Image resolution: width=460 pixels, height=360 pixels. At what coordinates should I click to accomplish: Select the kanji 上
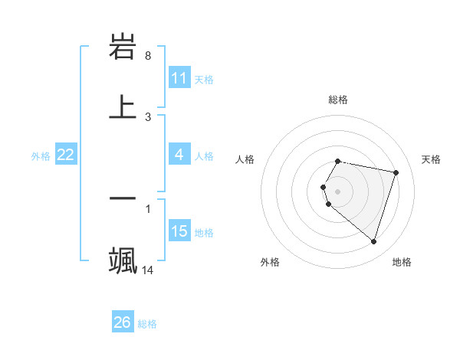(123, 106)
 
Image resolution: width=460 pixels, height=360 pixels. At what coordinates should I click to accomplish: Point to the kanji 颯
(123, 260)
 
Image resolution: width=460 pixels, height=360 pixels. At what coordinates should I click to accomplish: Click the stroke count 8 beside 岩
(148, 56)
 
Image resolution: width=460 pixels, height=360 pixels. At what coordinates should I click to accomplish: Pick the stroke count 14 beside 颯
(148, 270)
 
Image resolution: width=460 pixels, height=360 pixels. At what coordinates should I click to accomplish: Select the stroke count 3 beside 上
(148, 116)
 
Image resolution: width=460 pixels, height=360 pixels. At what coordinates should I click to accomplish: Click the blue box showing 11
(179, 78)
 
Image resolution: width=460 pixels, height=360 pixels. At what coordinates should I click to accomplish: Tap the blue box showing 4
(179, 155)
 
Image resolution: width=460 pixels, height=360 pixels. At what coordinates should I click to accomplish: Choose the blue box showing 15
(179, 231)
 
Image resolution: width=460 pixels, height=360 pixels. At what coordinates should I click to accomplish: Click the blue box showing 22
(66, 155)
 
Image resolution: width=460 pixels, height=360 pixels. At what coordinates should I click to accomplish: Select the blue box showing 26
(123, 322)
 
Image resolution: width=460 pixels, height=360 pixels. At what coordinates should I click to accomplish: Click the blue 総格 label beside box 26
(147, 324)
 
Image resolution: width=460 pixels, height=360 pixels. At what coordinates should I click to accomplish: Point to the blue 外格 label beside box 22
(41, 156)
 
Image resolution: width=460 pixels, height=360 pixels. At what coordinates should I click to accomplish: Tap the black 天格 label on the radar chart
(431, 159)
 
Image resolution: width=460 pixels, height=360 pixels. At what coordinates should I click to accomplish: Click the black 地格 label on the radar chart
(402, 262)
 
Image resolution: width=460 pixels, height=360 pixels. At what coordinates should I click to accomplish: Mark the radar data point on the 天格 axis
(396, 172)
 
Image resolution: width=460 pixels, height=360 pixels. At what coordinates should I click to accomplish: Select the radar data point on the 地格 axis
(373, 241)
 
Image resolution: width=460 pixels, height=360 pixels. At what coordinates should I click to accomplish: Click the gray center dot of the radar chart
(338, 191)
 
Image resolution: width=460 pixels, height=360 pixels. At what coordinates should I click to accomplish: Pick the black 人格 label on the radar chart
(245, 159)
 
